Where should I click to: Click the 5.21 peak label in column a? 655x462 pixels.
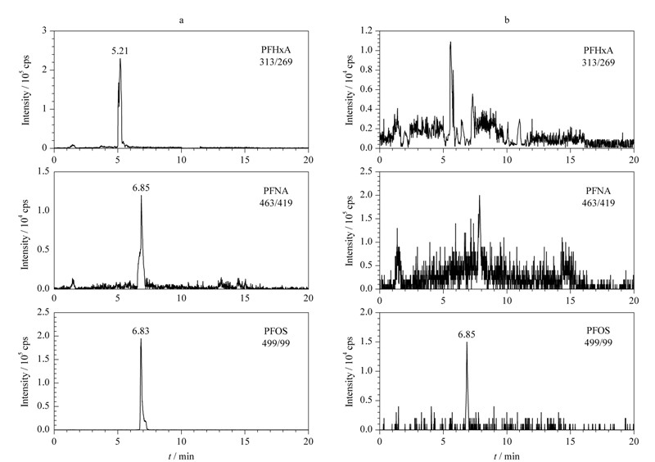(x=120, y=51)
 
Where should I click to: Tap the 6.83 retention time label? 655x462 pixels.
(x=141, y=331)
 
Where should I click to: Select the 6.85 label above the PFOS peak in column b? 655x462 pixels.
(x=467, y=334)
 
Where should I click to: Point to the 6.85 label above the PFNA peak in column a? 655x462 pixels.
(x=141, y=188)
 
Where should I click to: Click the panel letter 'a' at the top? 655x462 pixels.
(x=181, y=20)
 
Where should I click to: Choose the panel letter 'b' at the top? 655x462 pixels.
(x=507, y=20)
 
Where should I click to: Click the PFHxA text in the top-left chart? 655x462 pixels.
(x=276, y=50)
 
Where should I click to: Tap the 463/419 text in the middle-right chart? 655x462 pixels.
(x=599, y=203)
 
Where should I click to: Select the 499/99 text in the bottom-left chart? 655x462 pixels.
(x=276, y=343)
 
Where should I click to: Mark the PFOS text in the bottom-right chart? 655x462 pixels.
(x=599, y=331)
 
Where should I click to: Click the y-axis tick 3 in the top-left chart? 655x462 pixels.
(x=44, y=31)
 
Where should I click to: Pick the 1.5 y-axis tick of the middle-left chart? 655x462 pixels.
(x=43, y=171)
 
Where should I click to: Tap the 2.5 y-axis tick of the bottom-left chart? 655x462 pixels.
(x=43, y=312)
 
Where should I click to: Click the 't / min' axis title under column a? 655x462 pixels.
(x=181, y=456)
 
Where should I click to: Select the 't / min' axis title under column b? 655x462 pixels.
(x=507, y=456)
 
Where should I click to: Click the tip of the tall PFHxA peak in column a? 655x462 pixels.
(x=120, y=58)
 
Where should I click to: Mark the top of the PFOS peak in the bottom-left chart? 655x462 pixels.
(x=141, y=338)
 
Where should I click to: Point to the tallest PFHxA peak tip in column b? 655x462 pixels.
(x=450, y=42)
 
